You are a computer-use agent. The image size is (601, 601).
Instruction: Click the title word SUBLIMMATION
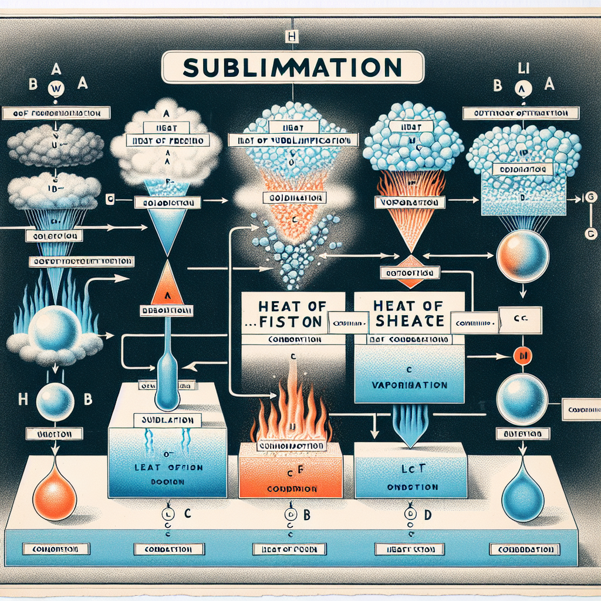pos(292,67)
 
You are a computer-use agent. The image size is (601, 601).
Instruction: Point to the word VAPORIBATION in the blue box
pos(410,386)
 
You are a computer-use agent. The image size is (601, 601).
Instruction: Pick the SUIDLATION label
pos(168,420)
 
